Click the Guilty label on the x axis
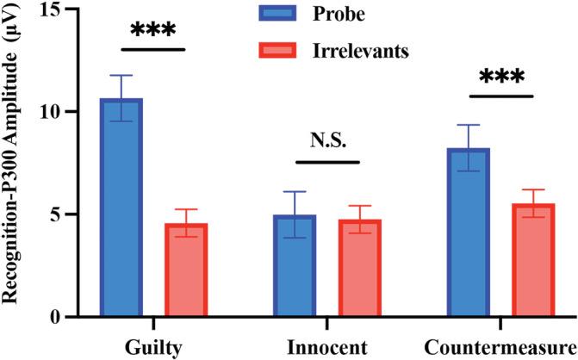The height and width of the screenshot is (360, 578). [153, 347]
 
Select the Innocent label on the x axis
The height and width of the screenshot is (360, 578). [327, 347]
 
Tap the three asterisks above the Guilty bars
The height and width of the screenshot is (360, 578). [153, 32]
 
